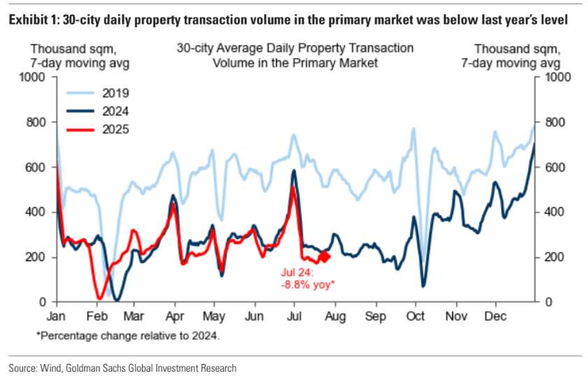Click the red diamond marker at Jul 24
click(324, 257)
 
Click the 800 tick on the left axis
click(38, 122)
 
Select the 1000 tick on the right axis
click(552, 77)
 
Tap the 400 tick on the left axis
click(38, 212)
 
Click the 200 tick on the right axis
click(550, 257)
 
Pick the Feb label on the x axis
click(96, 316)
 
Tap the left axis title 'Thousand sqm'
click(72, 49)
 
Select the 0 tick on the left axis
click(43, 302)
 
